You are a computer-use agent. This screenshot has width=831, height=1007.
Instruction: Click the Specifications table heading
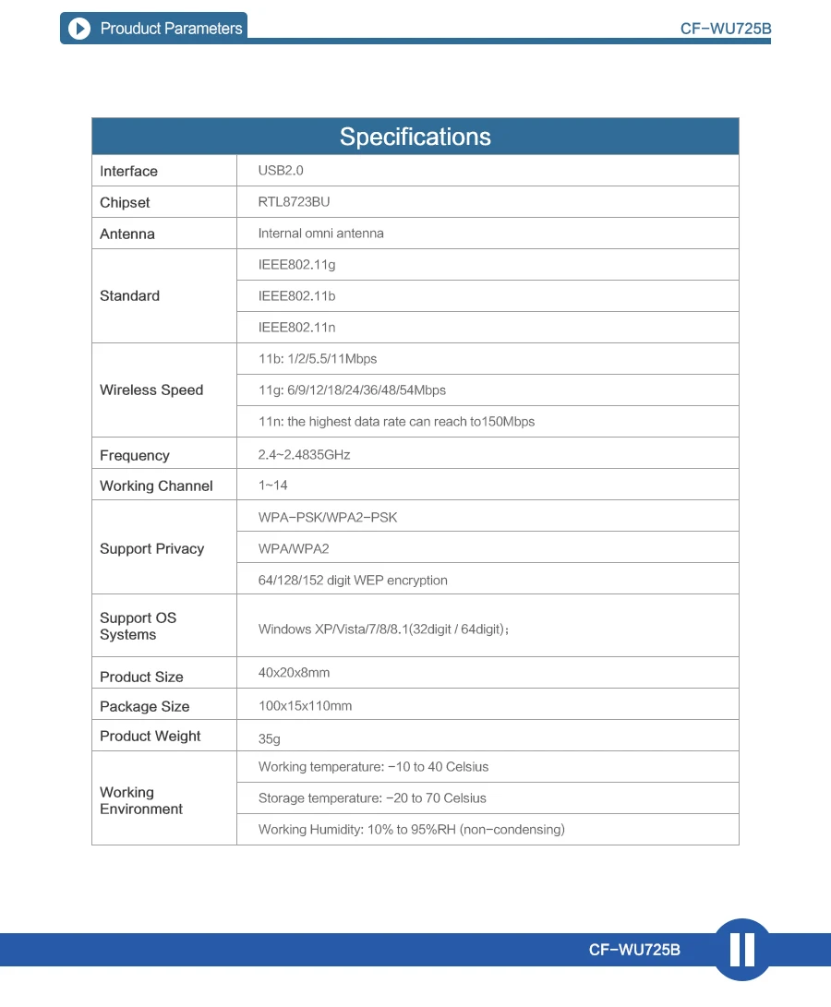[x=415, y=137]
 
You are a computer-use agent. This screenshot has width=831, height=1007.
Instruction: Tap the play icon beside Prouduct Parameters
[x=80, y=29]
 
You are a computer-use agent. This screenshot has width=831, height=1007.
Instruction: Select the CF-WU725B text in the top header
[x=725, y=29]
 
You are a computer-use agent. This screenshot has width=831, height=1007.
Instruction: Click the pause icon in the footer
[x=742, y=950]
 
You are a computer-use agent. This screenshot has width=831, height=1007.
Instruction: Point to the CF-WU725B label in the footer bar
[x=634, y=950]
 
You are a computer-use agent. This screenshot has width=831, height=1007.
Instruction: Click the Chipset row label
[x=125, y=202]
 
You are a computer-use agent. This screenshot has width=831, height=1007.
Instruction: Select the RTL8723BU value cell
[x=294, y=202]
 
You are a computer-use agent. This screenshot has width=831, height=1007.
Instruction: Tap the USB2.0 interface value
[x=281, y=171]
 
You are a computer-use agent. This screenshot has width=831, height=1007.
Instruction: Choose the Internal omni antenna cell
[x=320, y=234]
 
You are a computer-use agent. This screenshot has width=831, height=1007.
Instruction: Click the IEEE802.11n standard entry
[x=296, y=328]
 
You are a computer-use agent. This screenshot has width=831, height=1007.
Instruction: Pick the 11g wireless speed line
[x=352, y=390]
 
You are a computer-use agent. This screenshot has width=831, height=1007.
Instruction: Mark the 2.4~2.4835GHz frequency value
[x=304, y=455]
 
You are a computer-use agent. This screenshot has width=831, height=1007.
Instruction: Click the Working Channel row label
[x=156, y=486]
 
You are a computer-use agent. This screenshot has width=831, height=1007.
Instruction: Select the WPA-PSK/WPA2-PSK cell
[x=328, y=518]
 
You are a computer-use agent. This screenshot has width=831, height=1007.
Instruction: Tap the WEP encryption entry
[x=353, y=581]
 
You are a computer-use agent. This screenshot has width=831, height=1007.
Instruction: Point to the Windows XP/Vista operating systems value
[x=383, y=629]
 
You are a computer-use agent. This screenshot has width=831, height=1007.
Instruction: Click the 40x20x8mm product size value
[x=294, y=673]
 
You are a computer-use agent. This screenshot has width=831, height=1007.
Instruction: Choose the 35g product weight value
[x=270, y=739]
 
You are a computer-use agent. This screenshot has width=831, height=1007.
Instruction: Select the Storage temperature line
[x=372, y=798]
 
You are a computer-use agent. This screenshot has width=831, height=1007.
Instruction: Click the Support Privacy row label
[x=151, y=548]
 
